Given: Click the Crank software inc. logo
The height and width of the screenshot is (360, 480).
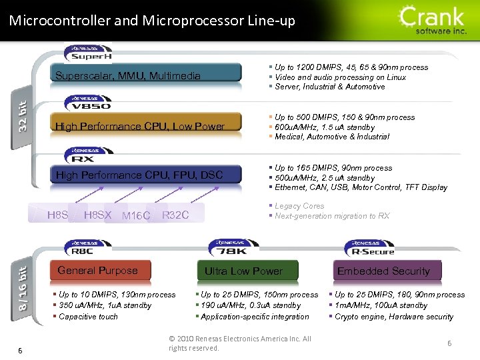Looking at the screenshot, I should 433,20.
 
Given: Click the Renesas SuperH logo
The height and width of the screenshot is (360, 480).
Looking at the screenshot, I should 88,53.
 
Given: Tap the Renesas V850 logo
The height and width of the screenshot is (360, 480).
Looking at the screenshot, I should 88,103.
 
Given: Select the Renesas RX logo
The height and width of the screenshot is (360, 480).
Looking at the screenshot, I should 83,155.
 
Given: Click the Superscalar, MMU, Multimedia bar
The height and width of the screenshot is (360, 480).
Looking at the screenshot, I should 147,75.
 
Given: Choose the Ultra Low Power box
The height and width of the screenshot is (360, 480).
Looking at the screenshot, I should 243,271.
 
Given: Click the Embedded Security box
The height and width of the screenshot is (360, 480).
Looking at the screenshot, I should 383,271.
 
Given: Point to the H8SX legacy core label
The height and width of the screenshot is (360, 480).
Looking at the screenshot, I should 98,215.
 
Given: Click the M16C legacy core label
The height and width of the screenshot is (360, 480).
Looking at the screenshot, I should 137,215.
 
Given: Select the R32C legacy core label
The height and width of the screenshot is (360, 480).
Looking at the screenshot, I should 175,215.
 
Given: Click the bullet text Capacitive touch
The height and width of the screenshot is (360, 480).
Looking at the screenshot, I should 88,317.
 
